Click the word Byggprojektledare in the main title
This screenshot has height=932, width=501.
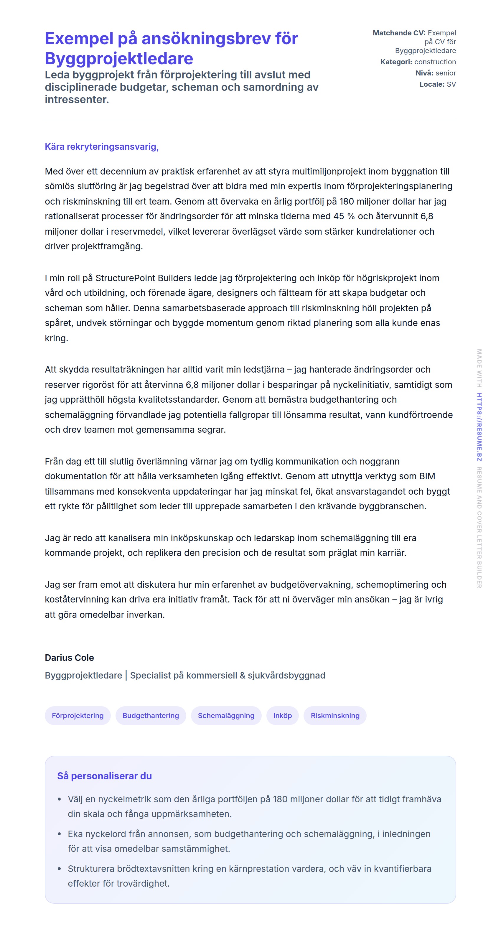pos(119,59)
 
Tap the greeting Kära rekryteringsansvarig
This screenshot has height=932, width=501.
pos(102,146)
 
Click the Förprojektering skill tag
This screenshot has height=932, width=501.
pos(78,715)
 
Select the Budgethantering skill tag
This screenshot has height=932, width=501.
pos(151,715)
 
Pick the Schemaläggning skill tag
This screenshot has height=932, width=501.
pos(226,715)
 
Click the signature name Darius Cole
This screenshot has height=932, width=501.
pos(69,657)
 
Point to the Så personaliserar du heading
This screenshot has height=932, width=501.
pos(104,776)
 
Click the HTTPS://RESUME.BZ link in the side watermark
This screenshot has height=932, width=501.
pos(479,427)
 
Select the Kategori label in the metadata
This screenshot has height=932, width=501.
pos(396,62)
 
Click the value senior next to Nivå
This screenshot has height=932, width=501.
pos(445,73)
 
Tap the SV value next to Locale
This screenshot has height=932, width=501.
pos(451,84)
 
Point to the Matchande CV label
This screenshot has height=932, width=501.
pos(399,33)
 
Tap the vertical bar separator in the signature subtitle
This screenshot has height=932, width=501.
pos(126,675)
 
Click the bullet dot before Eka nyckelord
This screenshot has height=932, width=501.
pos(59,834)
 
